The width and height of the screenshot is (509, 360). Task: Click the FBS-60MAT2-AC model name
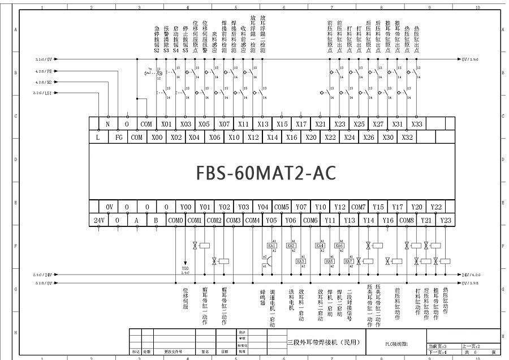pyautogui.click(x=266, y=173)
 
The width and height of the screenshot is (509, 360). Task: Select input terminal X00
pyautogui.click(x=157, y=137)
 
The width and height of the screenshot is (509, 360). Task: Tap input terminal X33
pyautogui.click(x=416, y=124)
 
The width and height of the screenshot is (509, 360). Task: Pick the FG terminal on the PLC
pyautogui.click(x=118, y=137)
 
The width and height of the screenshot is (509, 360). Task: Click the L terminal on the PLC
pyautogui.click(x=98, y=137)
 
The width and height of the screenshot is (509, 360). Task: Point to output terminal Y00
pyautogui.click(x=186, y=207)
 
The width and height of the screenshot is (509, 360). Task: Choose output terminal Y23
pyautogui.click(x=445, y=220)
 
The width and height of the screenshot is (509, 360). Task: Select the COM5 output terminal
pyautogui.click(x=282, y=207)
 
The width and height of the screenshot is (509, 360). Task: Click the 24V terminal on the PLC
pyautogui.click(x=98, y=220)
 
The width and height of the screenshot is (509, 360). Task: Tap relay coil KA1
pyautogui.click(x=272, y=246)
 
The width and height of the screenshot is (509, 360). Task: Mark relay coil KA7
pyautogui.click(x=349, y=261)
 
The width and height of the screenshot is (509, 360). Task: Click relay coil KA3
pyautogui.click(x=301, y=261)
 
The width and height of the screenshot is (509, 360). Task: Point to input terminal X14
pyautogui.click(x=273, y=137)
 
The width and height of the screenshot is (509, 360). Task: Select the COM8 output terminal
pyautogui.click(x=407, y=220)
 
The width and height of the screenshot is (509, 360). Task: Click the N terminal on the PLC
pyautogui.click(x=107, y=124)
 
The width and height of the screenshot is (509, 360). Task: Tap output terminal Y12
pyautogui.click(x=339, y=207)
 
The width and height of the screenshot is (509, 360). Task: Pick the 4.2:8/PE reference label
pyautogui.click(x=44, y=72)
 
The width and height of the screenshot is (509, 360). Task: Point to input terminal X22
pyautogui.click(x=330, y=137)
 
